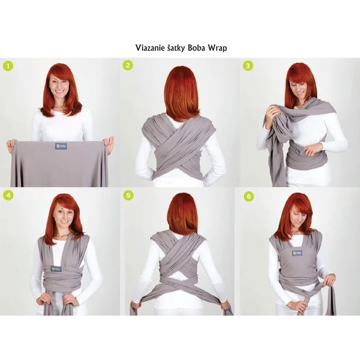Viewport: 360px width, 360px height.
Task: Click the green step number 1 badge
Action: point(8,66)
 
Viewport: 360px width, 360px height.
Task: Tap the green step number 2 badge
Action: point(128,65)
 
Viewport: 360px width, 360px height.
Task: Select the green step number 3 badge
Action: point(248,65)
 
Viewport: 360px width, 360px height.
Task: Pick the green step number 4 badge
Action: point(8,195)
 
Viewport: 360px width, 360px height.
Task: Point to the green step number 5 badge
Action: point(128,195)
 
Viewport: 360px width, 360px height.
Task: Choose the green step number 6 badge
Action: point(248,195)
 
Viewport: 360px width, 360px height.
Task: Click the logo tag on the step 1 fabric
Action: point(61,146)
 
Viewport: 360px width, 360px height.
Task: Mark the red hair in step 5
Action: point(182,213)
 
